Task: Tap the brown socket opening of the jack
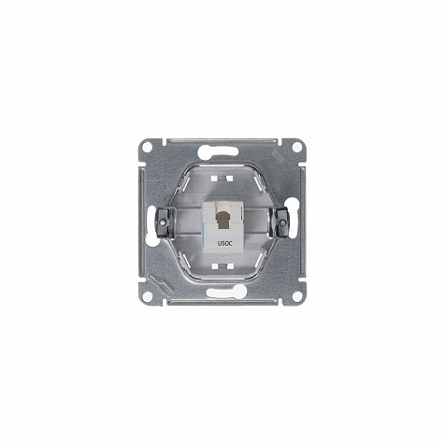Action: click(222, 219)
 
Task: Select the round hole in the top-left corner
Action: click(148, 147)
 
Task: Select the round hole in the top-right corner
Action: click(297, 147)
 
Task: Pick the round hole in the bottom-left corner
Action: click(148, 296)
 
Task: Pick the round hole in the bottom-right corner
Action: click(297, 296)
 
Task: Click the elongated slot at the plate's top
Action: click(218, 151)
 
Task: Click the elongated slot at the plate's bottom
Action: click(226, 292)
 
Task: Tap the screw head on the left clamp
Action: click(162, 222)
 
